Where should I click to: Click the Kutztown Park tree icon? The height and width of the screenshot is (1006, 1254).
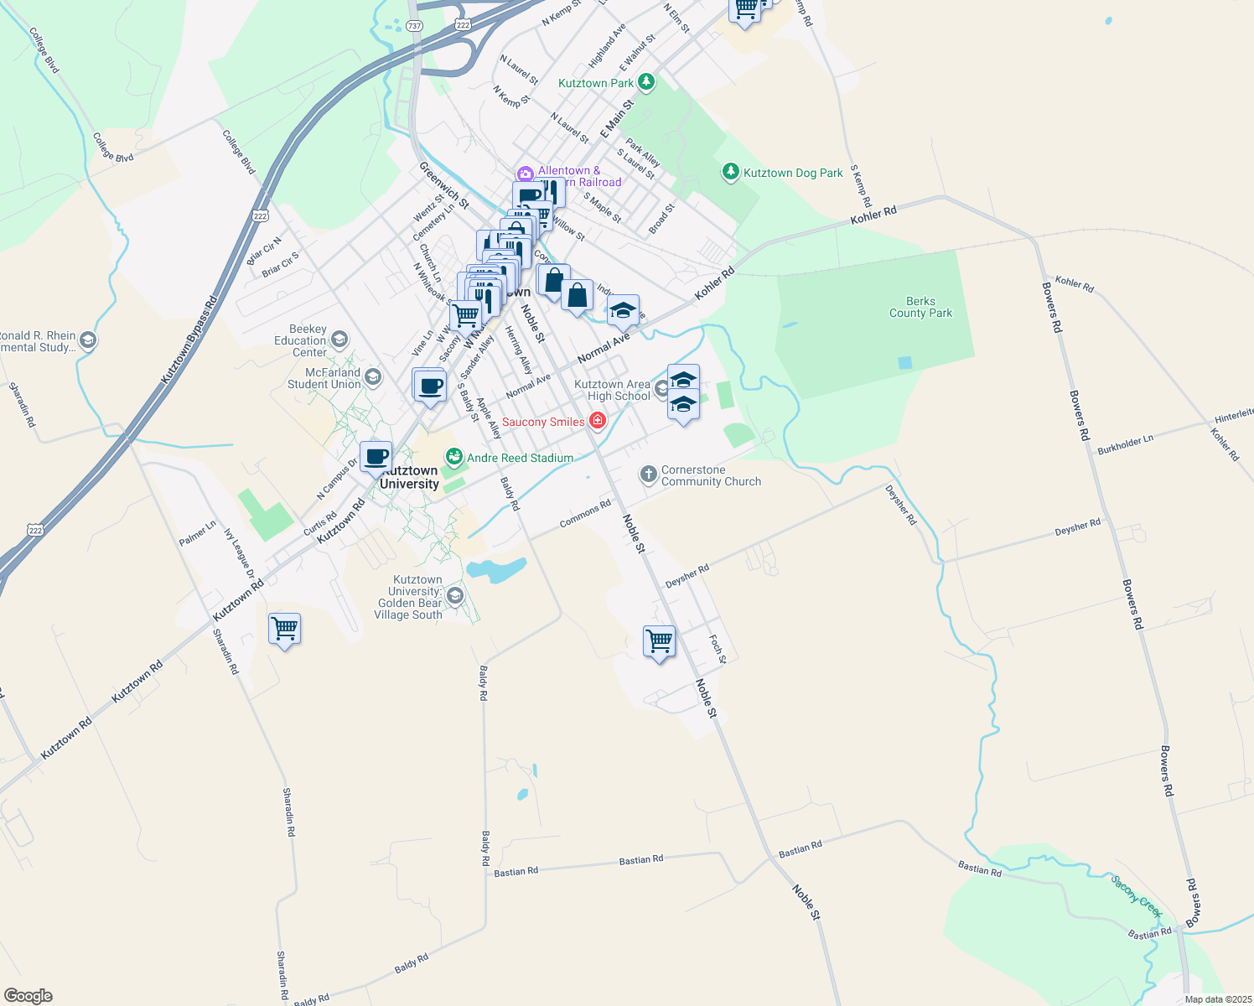645,82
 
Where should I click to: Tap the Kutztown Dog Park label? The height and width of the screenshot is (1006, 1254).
793,173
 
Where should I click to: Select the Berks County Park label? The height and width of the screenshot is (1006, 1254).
920,307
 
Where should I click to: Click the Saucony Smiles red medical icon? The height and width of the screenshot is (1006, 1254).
598,421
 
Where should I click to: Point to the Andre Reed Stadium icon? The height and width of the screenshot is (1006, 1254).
453,457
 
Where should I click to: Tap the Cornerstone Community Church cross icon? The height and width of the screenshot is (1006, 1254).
648,475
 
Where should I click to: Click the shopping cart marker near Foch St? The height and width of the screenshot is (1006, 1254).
659,641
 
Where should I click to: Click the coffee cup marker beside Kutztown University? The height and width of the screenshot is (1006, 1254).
376,458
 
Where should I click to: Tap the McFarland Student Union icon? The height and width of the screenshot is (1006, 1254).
373,377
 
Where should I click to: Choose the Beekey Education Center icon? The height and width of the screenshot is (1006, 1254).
339,340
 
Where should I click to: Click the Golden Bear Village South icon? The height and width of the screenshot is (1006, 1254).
455,596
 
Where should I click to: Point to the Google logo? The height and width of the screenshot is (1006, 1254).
28,996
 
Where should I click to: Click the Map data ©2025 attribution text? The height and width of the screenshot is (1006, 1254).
1218,999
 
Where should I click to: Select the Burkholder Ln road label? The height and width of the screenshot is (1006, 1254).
1125,444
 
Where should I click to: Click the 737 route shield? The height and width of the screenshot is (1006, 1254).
414,26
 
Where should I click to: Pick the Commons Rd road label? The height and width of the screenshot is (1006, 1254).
585,514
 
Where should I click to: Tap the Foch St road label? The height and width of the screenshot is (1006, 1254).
717,649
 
